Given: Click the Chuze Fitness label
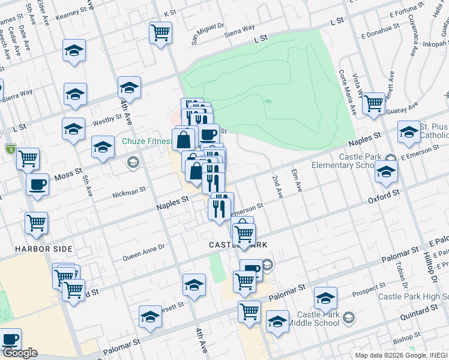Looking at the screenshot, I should (x=148, y=141).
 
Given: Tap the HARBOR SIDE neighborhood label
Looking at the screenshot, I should (x=44, y=248).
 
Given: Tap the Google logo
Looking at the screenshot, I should (x=20, y=353).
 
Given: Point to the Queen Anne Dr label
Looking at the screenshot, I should (x=143, y=252).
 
